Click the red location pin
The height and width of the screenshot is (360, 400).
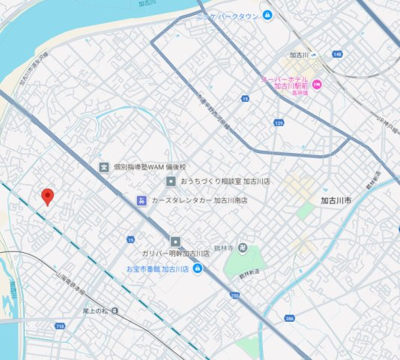(x=48, y=196)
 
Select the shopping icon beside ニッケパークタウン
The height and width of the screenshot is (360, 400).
(x=267, y=16)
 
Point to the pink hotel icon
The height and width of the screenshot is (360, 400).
(x=317, y=83)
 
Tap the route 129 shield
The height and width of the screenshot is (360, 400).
(x=279, y=122)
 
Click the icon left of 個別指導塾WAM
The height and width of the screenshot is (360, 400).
(x=105, y=166)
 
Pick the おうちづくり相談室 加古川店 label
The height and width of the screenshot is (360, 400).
(x=214, y=182)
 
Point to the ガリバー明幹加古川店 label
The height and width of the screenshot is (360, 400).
(x=175, y=254)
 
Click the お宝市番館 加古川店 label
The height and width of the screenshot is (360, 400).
(x=157, y=268)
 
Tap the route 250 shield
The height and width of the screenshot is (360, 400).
(x=234, y=296)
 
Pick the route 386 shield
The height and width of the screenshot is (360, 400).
(x=289, y=319)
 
